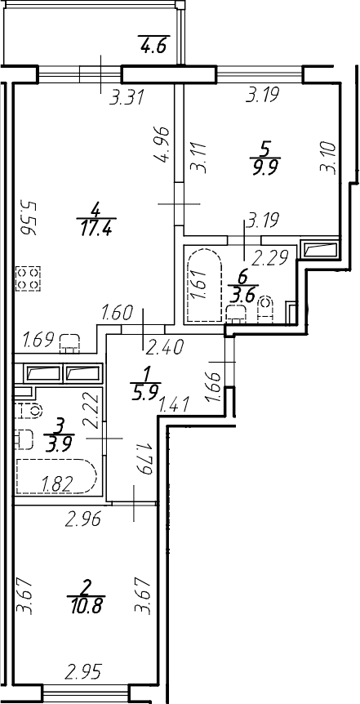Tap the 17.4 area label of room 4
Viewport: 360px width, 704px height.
point(96,227)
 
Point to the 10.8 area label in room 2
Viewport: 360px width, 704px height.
point(85,607)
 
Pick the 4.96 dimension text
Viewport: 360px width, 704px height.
point(162,145)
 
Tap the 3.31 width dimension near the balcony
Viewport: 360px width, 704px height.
point(127,97)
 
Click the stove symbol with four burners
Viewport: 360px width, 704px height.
point(28,278)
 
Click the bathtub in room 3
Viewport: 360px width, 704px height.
point(56,476)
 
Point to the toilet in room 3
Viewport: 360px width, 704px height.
point(28,410)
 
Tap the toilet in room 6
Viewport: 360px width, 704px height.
point(266,309)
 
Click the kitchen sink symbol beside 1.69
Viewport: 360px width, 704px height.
point(69,342)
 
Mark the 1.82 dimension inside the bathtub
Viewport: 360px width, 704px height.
point(57,483)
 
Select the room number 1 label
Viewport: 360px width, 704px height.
point(146,373)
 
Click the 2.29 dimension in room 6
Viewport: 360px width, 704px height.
point(269,258)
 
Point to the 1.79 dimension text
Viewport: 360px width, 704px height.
point(142,458)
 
